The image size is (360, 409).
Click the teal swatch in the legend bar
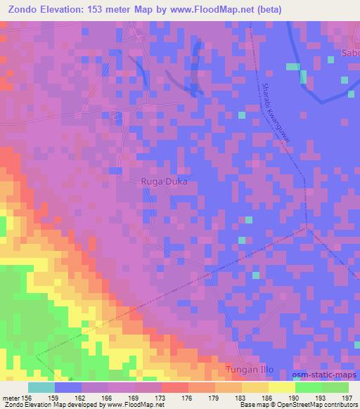[x=41, y=387]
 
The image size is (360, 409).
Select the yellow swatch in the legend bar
[x=282, y=387]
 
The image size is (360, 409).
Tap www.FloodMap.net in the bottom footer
[x=139, y=405]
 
